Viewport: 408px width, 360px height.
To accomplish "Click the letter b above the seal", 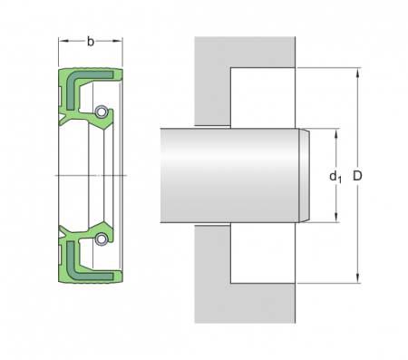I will [x=90, y=41].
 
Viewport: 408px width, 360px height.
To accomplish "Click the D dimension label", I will [x=358, y=174].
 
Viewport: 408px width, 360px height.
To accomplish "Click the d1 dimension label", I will [x=335, y=175].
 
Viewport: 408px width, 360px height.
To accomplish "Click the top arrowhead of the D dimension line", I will [x=358, y=71].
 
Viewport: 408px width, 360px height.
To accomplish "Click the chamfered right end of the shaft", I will [x=305, y=175].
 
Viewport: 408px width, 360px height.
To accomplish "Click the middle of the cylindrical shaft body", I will [x=231, y=175].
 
